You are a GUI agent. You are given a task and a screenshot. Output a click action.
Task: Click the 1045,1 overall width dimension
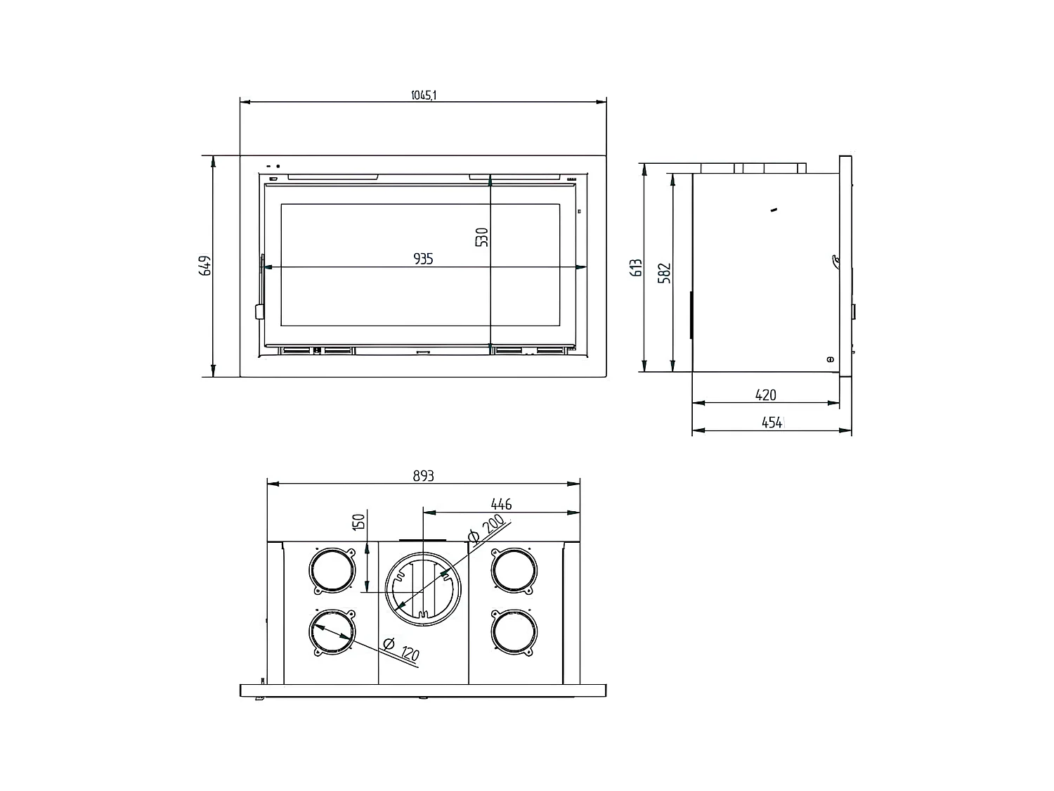pos(424,96)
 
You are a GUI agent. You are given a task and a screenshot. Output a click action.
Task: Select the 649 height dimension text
pos(206,266)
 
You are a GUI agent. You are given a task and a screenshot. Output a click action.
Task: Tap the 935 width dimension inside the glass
pos(423,259)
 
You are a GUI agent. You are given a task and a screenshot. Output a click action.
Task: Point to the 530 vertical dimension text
pos(481,238)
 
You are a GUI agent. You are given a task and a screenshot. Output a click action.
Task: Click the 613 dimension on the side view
pos(637,268)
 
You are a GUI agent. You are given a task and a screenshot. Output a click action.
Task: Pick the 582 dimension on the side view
pos(665,272)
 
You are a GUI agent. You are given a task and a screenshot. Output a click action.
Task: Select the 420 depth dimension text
pos(765,395)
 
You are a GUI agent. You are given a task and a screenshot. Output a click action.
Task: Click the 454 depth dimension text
pos(771,423)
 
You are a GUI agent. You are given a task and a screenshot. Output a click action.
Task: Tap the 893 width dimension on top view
pos(423,476)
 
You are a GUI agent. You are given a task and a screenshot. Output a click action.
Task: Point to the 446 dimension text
pos(501,504)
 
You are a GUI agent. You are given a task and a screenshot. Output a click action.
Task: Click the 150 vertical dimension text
pos(359,522)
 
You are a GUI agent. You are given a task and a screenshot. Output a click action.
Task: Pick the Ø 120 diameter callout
pos(401,648)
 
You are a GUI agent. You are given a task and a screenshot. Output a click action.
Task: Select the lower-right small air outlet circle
pos(513,632)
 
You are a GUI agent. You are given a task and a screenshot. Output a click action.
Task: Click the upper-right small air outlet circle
pos(513,570)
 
